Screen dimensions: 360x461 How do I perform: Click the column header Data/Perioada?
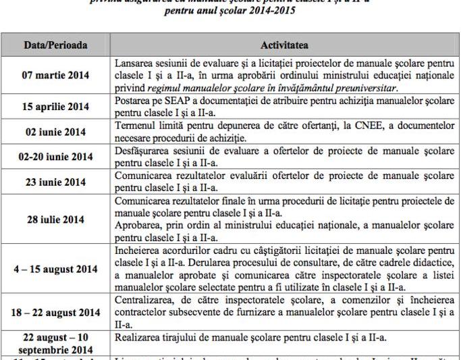tap(55, 45)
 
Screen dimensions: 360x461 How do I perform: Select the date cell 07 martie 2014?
tap(55, 76)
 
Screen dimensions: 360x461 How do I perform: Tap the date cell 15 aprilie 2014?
tap(55, 107)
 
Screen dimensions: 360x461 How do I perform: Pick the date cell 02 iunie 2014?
tap(55, 132)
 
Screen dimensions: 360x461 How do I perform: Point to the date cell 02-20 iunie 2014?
tap(55, 157)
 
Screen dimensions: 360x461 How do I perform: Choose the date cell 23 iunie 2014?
tap(55, 182)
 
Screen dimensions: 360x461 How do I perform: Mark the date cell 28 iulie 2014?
tap(55, 220)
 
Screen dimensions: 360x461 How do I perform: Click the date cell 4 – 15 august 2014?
tap(55, 269)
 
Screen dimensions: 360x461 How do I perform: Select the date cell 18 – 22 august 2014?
tap(55, 313)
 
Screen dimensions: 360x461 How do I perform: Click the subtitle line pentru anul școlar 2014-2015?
tap(230, 11)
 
